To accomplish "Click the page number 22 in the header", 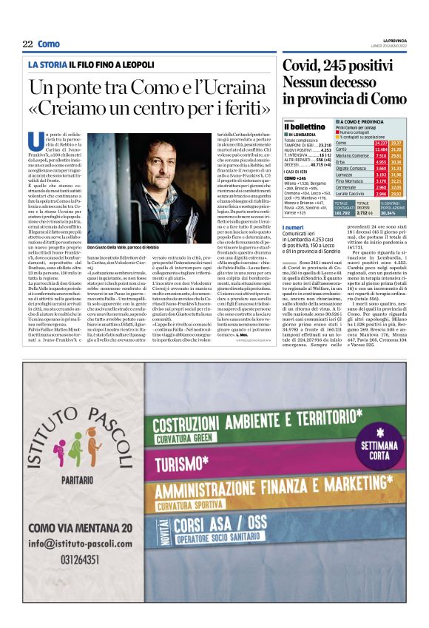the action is (x=27, y=44).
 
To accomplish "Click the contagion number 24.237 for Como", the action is (x=380, y=143).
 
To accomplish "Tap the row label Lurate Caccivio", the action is (x=351, y=193).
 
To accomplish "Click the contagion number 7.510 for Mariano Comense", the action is (x=380, y=155).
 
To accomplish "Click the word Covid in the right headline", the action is (x=305, y=66).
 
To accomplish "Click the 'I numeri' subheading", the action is (x=293, y=227).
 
